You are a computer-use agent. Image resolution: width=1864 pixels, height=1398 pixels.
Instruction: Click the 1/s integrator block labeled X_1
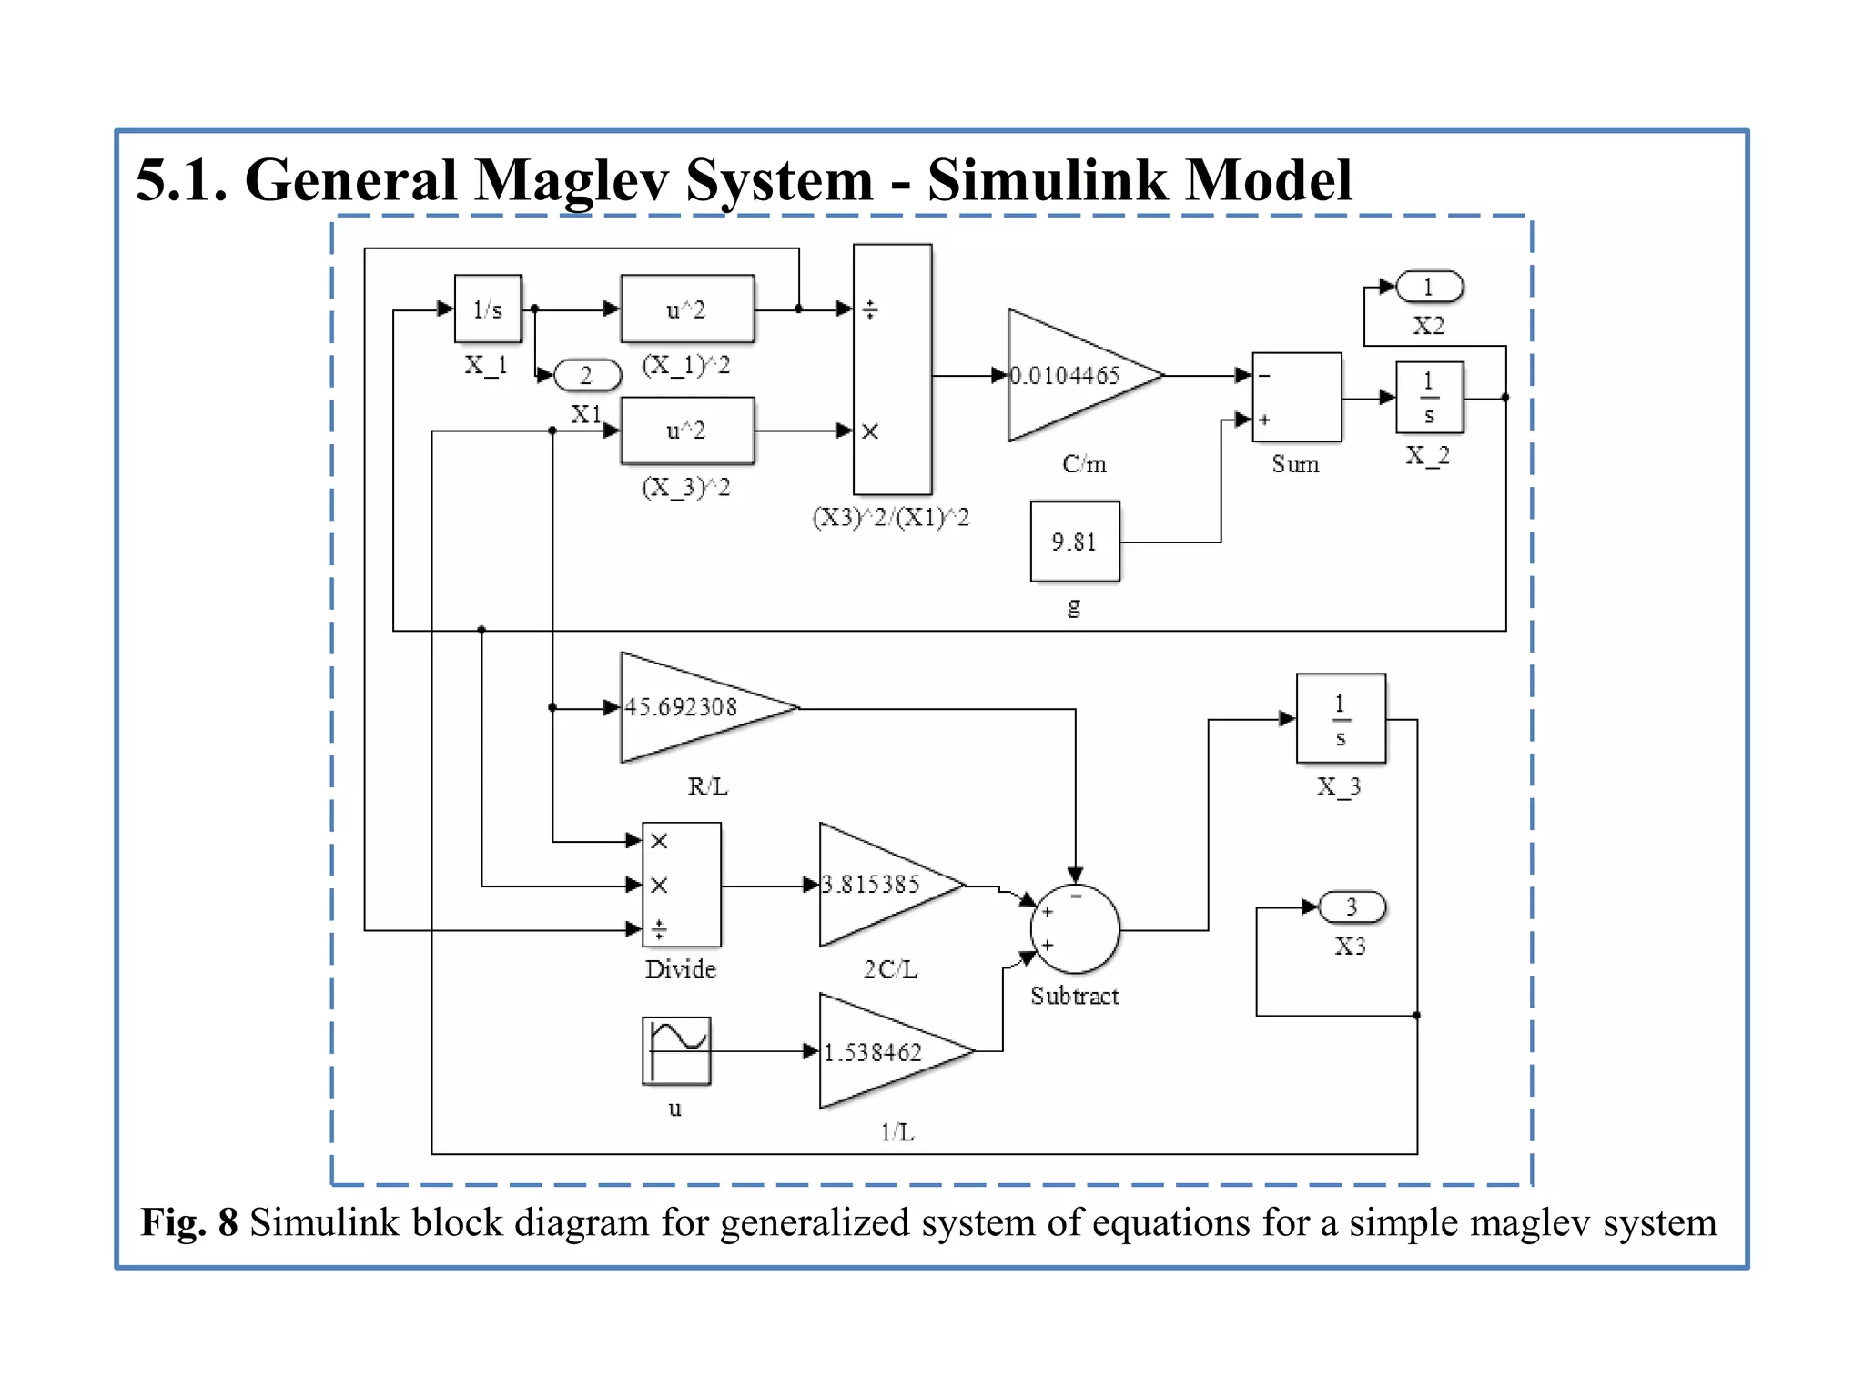pyautogui.click(x=488, y=309)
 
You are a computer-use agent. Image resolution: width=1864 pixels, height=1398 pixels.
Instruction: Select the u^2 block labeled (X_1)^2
pyautogui.click(x=687, y=309)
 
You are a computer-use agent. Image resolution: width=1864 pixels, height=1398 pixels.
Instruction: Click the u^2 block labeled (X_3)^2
pyautogui.click(x=687, y=431)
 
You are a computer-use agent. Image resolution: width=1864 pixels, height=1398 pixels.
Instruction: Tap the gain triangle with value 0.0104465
pyautogui.click(x=1069, y=375)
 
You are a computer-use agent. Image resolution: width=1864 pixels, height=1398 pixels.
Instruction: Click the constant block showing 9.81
pyautogui.click(x=1075, y=542)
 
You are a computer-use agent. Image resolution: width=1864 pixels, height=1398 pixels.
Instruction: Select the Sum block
pyautogui.click(x=1296, y=397)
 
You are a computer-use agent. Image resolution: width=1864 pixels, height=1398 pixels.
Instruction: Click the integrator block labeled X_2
pyautogui.click(x=1429, y=398)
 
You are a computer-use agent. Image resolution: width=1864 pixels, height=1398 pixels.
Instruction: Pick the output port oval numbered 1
pyautogui.click(x=1429, y=287)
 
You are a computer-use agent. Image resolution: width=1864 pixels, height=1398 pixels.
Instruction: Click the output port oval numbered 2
pyautogui.click(x=587, y=375)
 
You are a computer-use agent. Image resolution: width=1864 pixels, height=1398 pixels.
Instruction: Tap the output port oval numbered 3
pyautogui.click(x=1352, y=907)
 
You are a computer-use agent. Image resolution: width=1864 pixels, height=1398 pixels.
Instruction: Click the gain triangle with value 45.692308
pyautogui.click(x=692, y=707)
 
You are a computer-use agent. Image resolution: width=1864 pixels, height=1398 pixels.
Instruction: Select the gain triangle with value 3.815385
pyautogui.click(x=878, y=884)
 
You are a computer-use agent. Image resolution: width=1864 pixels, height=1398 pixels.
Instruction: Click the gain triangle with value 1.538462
pyautogui.click(x=883, y=1052)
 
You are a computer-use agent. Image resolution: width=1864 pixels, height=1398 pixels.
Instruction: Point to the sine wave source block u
pyautogui.click(x=676, y=1051)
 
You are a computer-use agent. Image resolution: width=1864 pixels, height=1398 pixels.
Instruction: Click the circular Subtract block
pyautogui.click(x=1075, y=929)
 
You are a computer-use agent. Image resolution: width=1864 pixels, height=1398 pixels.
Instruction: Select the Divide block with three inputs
pyautogui.click(x=682, y=885)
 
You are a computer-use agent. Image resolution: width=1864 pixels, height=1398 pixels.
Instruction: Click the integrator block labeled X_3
pyautogui.click(x=1341, y=719)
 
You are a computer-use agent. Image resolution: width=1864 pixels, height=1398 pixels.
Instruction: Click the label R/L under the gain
pyautogui.click(x=707, y=786)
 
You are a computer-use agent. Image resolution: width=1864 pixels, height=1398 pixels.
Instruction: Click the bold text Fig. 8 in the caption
pyautogui.click(x=188, y=1222)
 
